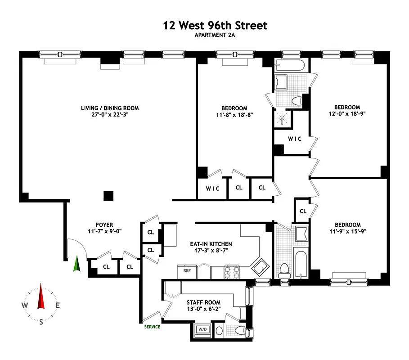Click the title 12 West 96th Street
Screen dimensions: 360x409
coord(215,26)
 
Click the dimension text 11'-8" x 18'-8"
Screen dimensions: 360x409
coord(234,115)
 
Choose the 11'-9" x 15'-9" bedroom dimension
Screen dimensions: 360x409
coord(347,232)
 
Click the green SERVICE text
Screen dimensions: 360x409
coord(152,327)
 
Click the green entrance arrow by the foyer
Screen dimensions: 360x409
coord(77,264)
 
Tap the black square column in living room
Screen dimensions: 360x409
coord(108,195)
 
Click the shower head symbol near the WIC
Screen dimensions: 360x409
coord(282,118)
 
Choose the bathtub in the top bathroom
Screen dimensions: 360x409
coord(291,66)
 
